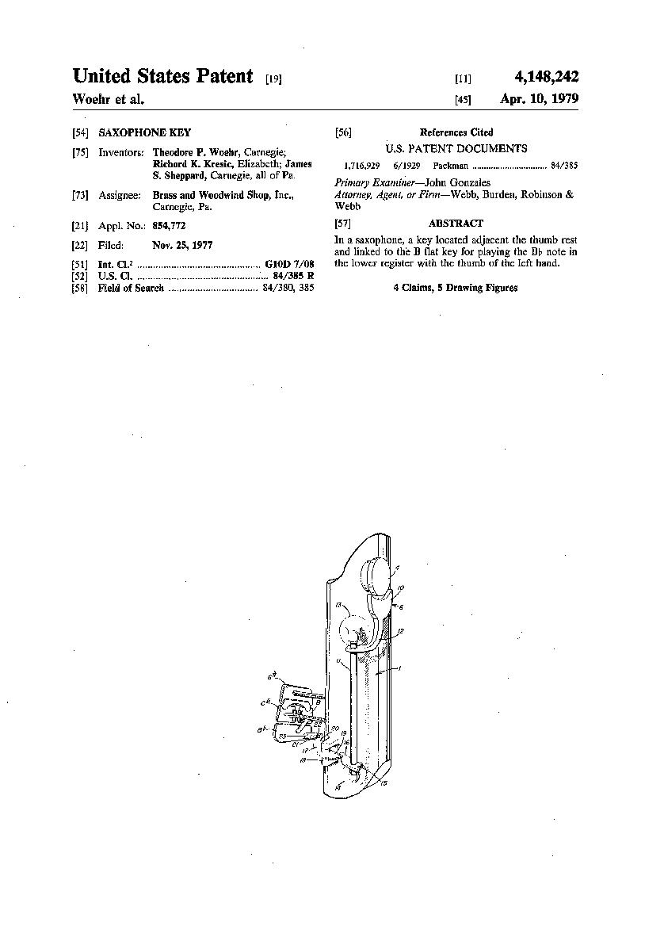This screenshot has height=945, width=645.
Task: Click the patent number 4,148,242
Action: point(546,77)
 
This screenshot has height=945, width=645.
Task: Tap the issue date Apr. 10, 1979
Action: point(539,100)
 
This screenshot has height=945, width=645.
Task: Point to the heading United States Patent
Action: point(162,77)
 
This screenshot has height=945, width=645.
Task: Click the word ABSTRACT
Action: point(456,224)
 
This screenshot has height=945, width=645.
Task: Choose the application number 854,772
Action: point(169,226)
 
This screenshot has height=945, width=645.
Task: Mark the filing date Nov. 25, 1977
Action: point(182,246)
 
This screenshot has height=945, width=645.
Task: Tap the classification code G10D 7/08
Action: point(290,264)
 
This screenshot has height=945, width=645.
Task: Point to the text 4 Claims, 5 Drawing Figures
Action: point(456,288)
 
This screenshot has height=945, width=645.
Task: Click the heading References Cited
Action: point(456,132)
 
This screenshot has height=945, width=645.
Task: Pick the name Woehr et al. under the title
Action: point(109,100)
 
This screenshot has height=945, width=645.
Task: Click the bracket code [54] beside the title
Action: point(80,133)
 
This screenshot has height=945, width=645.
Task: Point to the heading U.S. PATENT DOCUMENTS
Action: point(456,148)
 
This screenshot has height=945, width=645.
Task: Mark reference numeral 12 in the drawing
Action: point(402,631)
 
